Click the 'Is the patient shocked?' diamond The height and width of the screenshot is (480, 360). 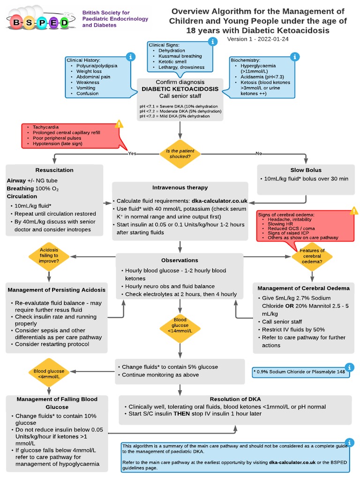(x=180, y=153)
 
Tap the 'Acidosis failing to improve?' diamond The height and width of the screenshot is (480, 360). (x=49, y=256)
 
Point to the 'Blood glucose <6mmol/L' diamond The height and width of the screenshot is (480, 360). (x=49, y=374)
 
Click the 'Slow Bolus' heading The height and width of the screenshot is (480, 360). (x=306, y=170)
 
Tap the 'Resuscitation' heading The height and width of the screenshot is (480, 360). (x=54, y=170)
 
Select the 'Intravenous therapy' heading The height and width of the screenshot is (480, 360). (x=180, y=187)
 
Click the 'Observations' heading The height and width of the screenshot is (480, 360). (x=180, y=260)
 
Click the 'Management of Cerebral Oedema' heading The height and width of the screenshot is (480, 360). (x=306, y=288)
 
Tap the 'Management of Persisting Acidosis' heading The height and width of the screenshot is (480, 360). (x=57, y=290)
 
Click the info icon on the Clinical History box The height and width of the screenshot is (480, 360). (x=131, y=57)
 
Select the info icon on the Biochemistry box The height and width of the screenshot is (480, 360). (x=295, y=57)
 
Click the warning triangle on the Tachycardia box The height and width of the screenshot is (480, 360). (x=119, y=124)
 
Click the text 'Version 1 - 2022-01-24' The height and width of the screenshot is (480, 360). (x=257, y=39)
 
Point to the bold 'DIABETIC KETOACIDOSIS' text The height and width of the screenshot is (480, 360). (x=180, y=89)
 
